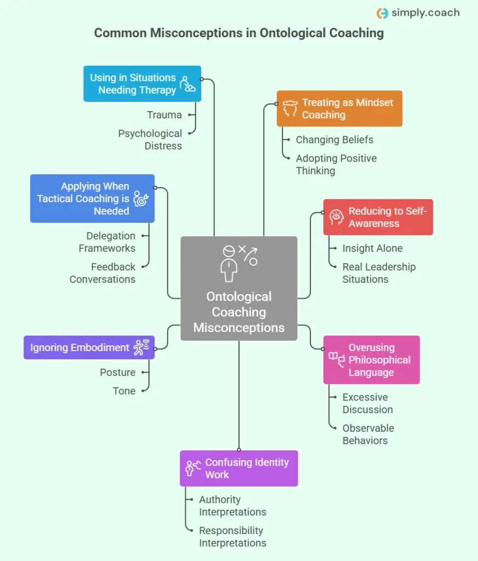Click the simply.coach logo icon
coord(382,13)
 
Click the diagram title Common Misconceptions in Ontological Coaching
coord(238,33)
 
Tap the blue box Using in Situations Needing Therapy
coord(142,84)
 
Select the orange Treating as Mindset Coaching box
coord(339,108)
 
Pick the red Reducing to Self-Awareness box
coord(378,217)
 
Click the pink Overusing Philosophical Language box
coord(371,360)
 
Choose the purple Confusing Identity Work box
coord(238,468)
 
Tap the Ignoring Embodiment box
coord(89,347)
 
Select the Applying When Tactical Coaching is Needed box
coord(92,198)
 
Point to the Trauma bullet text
coord(164,115)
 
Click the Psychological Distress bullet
coord(150,140)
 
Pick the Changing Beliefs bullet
coord(334,140)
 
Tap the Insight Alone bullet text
coord(372,248)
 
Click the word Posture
coord(117,373)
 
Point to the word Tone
coord(124,391)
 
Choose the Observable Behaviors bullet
coord(368,434)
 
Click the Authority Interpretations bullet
coord(232,506)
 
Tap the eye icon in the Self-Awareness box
coord(336,217)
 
